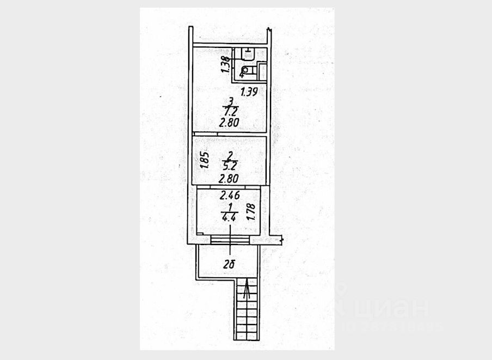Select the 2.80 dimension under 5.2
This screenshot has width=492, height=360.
(x=229, y=178)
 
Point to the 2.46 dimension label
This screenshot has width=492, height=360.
(x=230, y=194)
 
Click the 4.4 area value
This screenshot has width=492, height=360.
(x=229, y=217)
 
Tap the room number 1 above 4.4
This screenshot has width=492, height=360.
(x=229, y=207)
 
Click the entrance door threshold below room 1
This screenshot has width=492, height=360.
(x=230, y=240)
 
